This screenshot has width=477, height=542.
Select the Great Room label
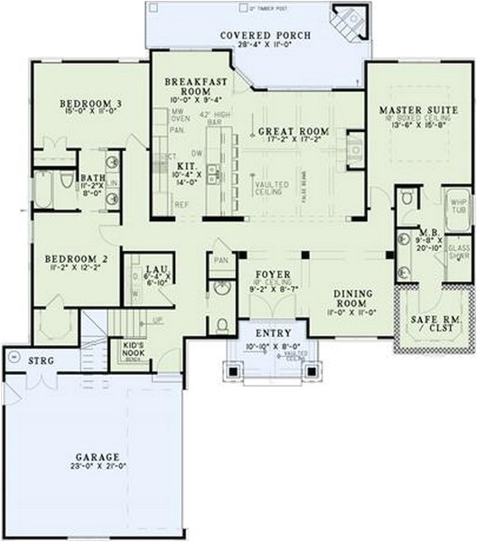[x=291, y=131]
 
